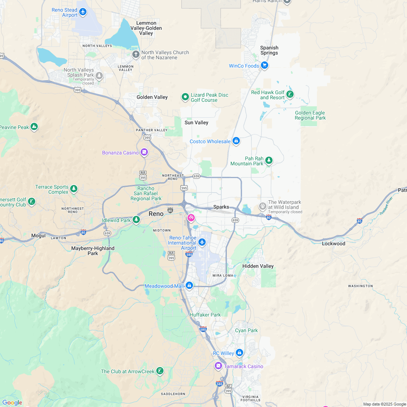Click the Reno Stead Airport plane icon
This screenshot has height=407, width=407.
(x=83, y=12)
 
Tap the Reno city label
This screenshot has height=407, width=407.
(x=156, y=214)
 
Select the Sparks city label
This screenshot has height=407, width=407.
(x=221, y=207)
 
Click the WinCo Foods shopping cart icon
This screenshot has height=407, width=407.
(x=265, y=65)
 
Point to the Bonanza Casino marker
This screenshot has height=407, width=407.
(x=144, y=152)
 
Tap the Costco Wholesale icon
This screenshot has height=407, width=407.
(x=236, y=141)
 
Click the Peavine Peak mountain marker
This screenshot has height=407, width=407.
(x=34, y=127)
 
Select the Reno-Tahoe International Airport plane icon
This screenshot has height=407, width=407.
(x=202, y=242)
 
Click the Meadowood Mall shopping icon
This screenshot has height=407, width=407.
(x=189, y=286)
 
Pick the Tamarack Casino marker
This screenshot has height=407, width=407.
(x=218, y=366)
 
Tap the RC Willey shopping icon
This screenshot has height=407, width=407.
(x=239, y=352)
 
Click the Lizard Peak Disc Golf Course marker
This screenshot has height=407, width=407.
(x=185, y=97)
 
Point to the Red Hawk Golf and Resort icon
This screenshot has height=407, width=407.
(x=290, y=95)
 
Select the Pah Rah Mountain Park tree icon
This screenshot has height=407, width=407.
(x=269, y=160)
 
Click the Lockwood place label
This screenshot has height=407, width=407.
(x=333, y=243)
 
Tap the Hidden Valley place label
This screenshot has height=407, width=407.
(x=258, y=266)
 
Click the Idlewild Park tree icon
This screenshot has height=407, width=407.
(x=136, y=219)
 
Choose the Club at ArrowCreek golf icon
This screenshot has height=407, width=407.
(x=159, y=371)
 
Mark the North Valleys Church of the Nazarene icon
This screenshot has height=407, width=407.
(x=136, y=55)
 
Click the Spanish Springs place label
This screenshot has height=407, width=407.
(x=269, y=50)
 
